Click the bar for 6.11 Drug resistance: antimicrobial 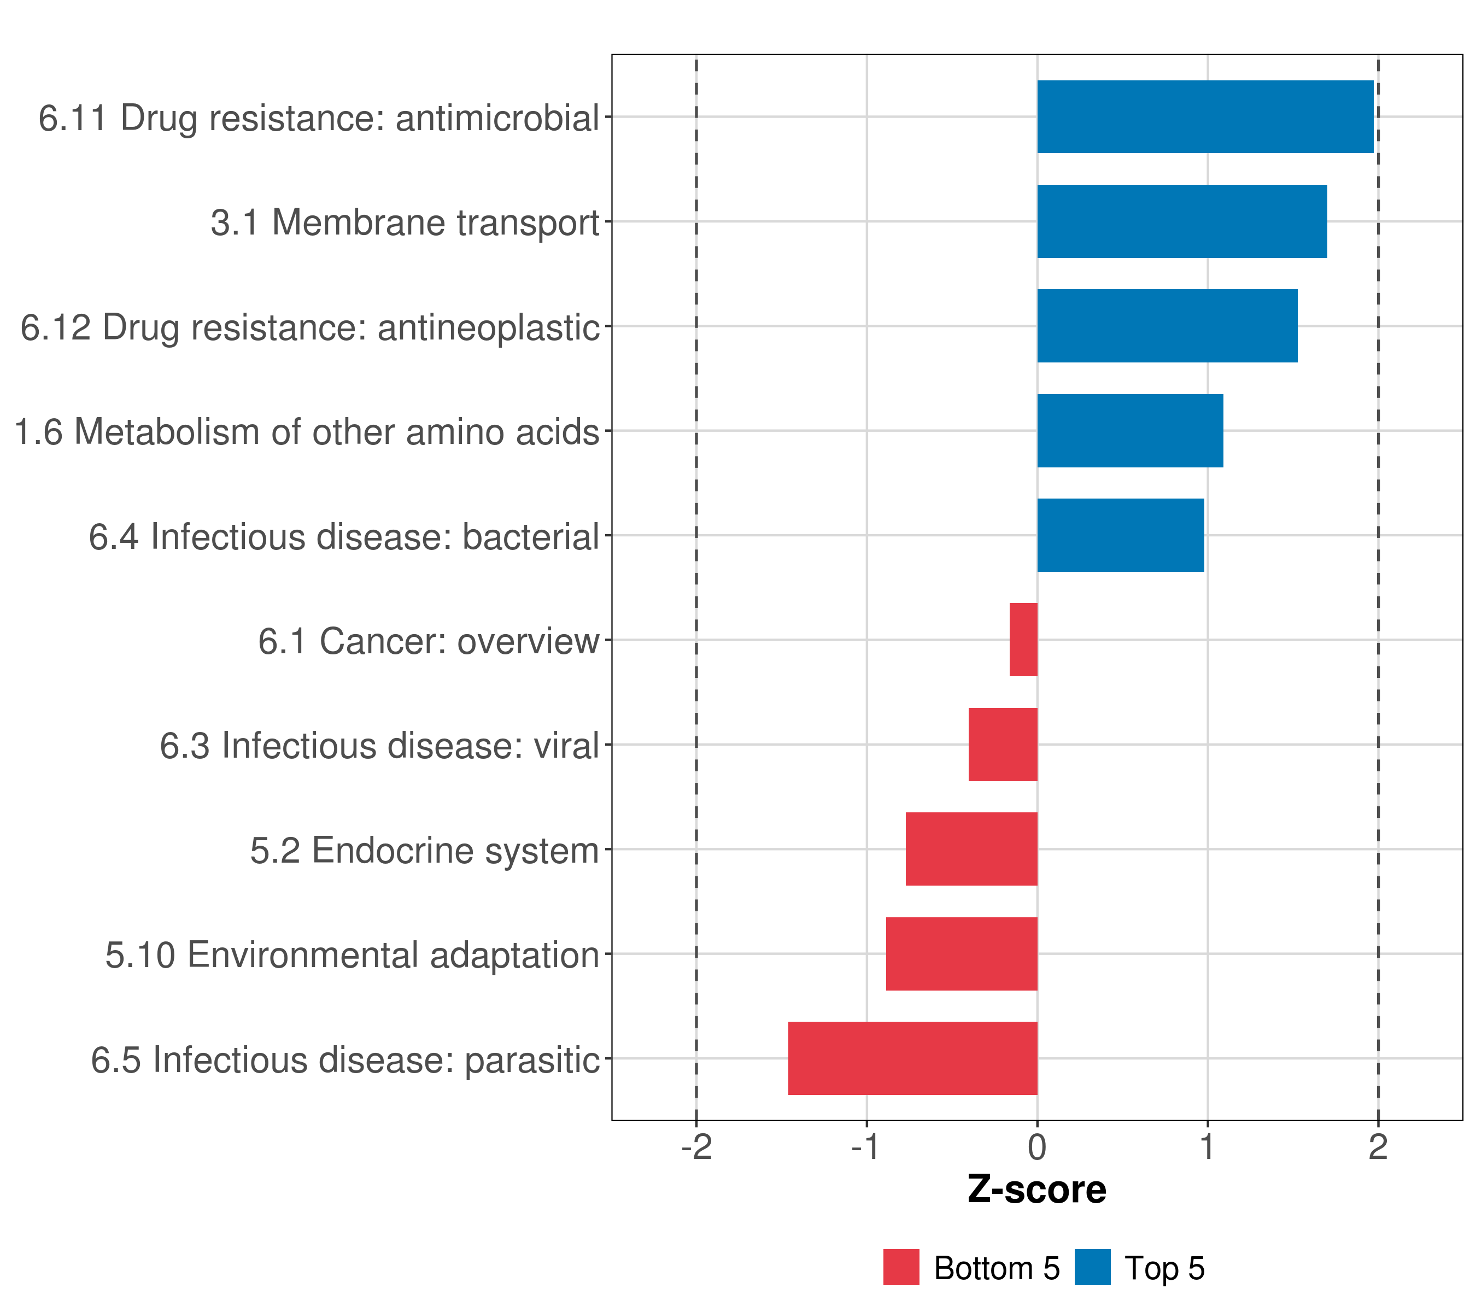(x=1204, y=116)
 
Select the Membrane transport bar (x=1181, y=221)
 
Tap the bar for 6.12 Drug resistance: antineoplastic (x=1167, y=326)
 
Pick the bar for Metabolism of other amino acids (x=1129, y=430)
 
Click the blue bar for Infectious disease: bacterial (x=1120, y=535)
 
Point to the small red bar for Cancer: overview (x=1023, y=640)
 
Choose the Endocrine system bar (x=971, y=849)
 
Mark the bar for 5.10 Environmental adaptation (x=961, y=954)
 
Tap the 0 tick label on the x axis (x=1037, y=1147)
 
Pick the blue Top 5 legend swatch (x=1092, y=1267)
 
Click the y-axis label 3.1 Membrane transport (x=405, y=222)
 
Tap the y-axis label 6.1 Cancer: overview (x=428, y=641)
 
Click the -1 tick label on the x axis (x=865, y=1147)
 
